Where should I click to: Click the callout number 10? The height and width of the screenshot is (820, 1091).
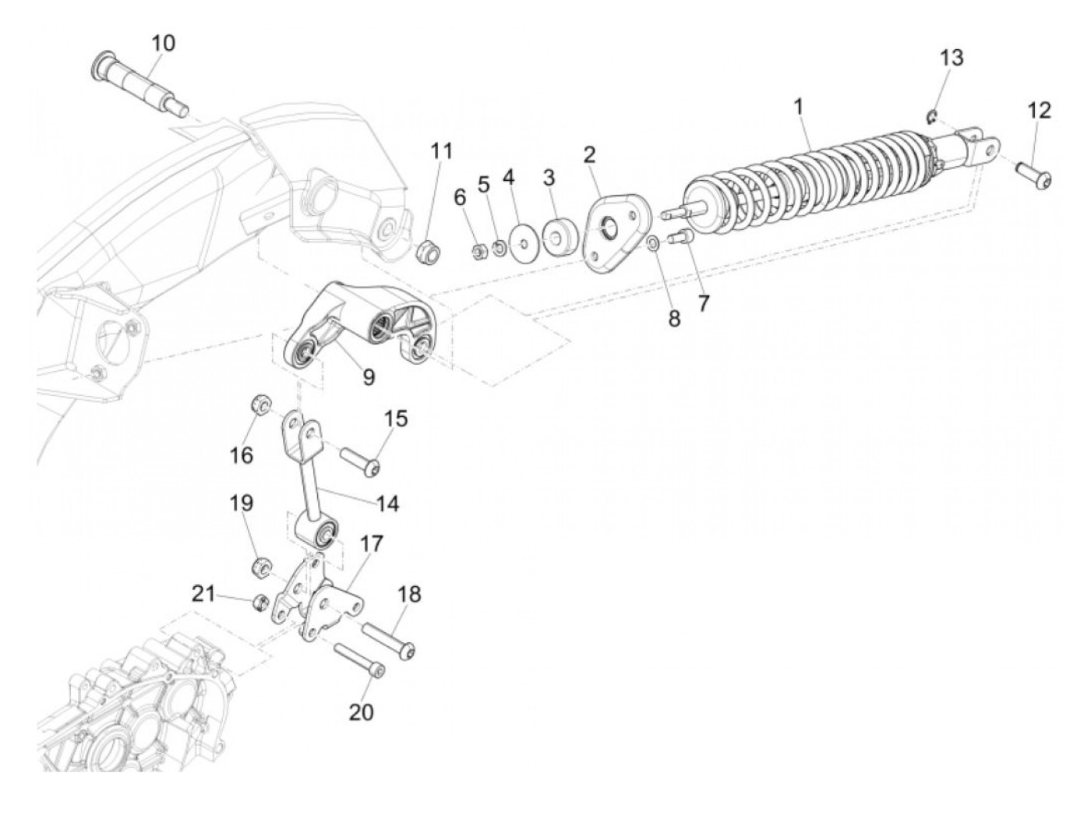click(163, 43)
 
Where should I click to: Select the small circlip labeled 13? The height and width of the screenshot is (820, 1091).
click(931, 117)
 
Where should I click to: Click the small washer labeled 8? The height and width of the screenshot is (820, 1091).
click(653, 243)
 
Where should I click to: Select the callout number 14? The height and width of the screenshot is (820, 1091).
click(387, 504)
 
